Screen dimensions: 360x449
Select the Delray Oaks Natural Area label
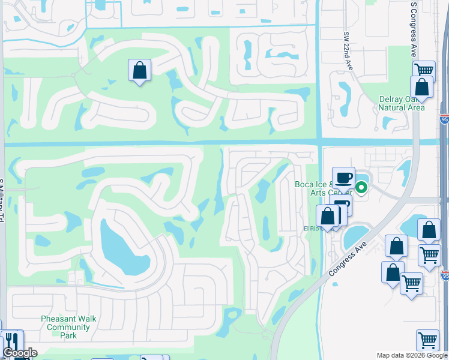[402, 103]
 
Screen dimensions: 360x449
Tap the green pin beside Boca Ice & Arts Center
[361, 188]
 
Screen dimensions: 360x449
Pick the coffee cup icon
[343, 178]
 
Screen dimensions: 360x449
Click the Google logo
[19, 353]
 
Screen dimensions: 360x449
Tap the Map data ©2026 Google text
[412, 355]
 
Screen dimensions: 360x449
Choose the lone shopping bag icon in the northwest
[139, 70]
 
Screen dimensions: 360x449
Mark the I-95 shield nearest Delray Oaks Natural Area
[444, 119]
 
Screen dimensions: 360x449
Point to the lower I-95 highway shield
[445, 275]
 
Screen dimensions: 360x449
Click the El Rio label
[312, 229]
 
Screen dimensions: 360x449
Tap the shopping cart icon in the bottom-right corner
[427, 340]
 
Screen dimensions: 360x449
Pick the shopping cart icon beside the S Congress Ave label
[424, 70]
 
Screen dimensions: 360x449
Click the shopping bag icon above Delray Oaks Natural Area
[421, 87]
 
